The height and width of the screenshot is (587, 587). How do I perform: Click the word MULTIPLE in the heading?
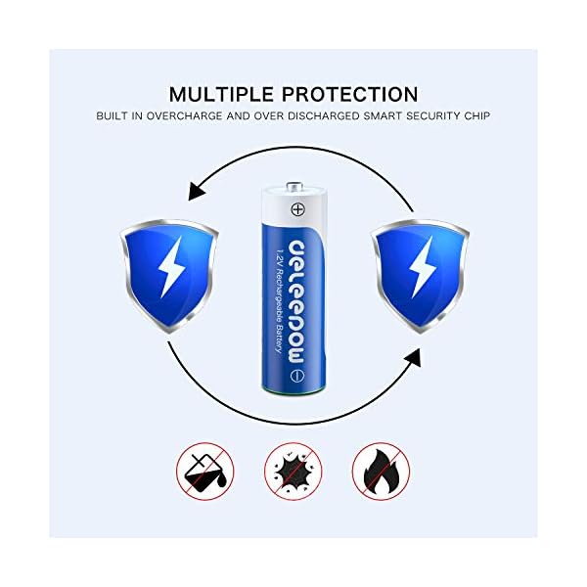(x=222, y=94)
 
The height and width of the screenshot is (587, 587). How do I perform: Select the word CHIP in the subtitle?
(x=478, y=116)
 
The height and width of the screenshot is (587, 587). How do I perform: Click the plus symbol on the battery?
(x=297, y=208)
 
